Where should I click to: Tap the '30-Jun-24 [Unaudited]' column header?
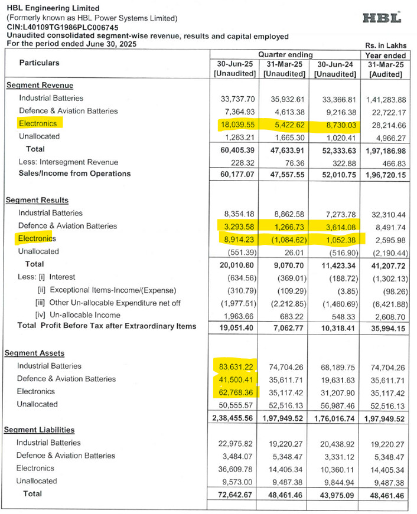coord(334,69)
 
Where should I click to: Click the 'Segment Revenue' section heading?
coord(36,85)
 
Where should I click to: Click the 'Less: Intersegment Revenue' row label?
coord(68,162)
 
